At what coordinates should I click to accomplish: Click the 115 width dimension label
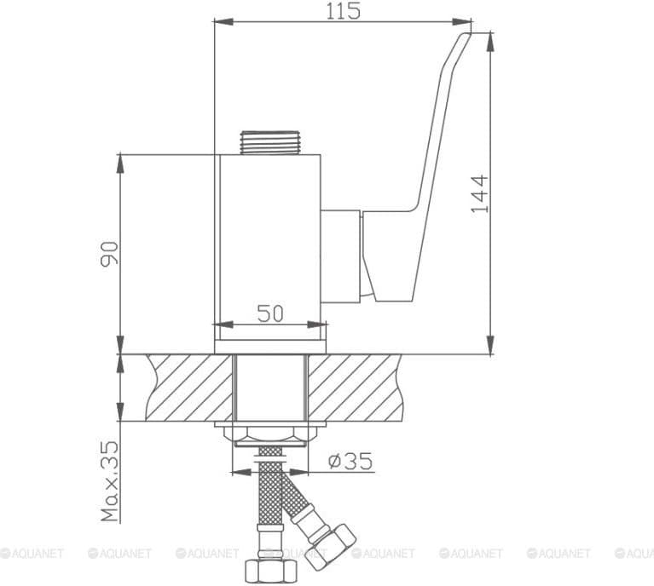(343, 11)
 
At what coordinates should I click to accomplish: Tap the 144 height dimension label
(479, 194)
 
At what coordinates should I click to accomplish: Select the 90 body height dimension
(109, 253)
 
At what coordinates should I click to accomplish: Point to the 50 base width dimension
(269, 313)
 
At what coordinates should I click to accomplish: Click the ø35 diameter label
(350, 461)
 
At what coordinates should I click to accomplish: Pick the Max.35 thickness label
(110, 481)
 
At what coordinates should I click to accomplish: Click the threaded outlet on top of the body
(269, 142)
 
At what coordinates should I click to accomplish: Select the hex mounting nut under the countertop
(269, 436)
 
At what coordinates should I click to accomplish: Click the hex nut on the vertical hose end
(270, 572)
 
